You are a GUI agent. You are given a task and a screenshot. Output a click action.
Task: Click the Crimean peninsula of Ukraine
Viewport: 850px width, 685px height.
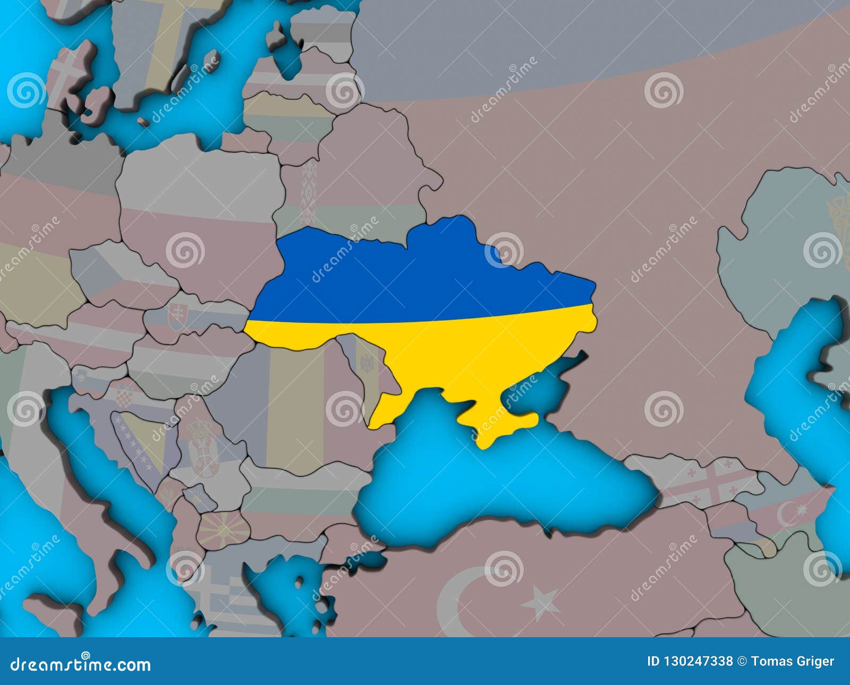point(497,425)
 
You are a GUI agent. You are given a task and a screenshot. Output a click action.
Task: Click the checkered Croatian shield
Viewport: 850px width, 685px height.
point(124,396)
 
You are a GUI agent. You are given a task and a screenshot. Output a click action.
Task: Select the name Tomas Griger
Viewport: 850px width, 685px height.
point(793,662)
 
